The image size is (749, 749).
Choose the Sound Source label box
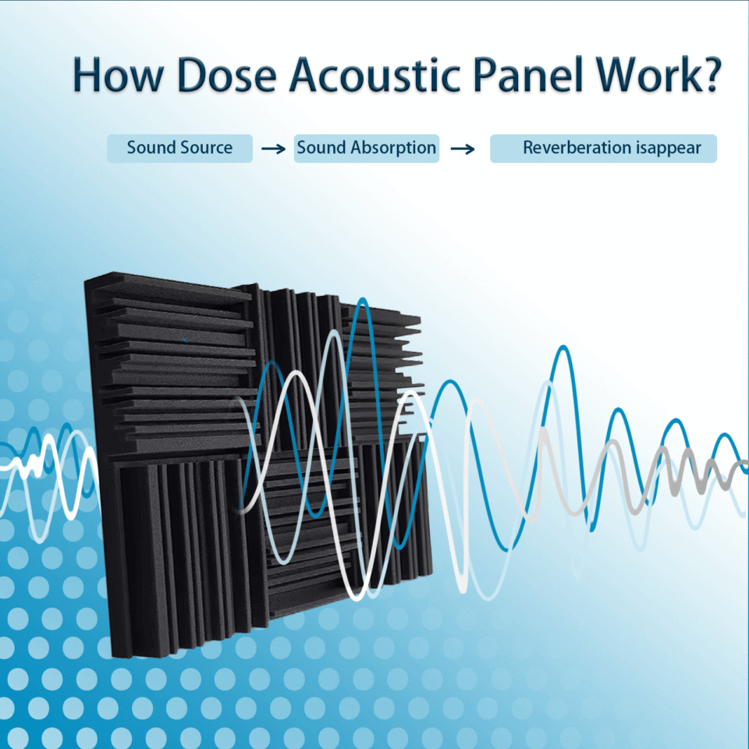pos(180,147)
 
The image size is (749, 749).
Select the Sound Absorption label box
pos(367,147)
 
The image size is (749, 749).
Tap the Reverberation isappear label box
pos(603,147)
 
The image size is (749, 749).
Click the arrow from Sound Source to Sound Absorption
pos(273,149)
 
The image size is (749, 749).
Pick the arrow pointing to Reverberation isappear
pos(463,149)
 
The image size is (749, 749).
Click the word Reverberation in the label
pos(567,147)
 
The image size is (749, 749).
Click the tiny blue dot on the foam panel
pos(185,340)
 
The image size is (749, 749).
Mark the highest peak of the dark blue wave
pos(360,300)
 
